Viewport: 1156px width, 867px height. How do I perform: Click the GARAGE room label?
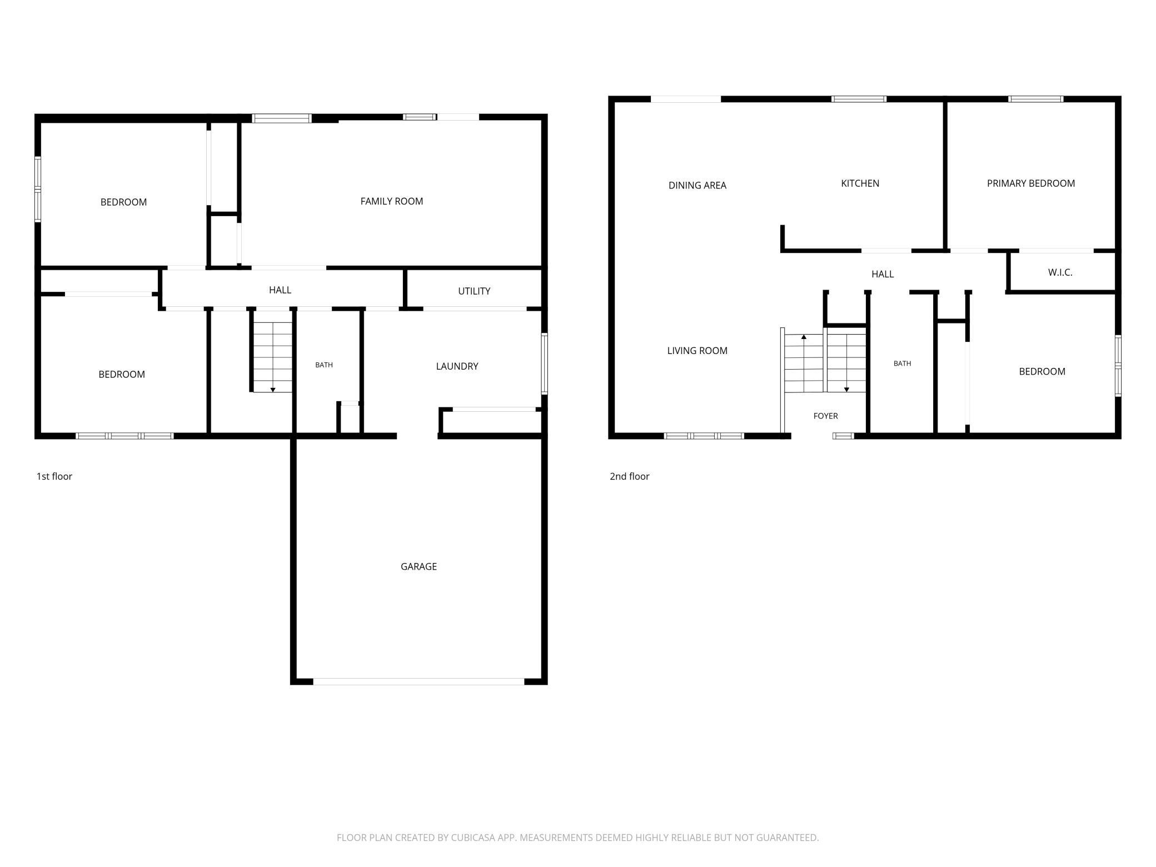click(x=418, y=566)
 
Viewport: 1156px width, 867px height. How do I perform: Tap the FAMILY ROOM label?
click(x=391, y=201)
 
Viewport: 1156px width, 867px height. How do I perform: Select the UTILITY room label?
click(x=474, y=291)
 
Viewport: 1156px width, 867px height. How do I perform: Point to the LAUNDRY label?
click(x=457, y=366)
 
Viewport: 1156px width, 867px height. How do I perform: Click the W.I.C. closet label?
click(x=1060, y=272)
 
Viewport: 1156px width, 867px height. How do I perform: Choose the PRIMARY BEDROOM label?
click(x=1030, y=183)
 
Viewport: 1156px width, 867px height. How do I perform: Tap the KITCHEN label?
click(x=860, y=183)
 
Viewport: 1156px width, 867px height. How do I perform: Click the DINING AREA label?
click(x=697, y=185)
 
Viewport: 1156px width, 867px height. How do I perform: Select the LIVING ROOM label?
click(x=697, y=350)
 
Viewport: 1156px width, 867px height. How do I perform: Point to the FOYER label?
click(x=825, y=416)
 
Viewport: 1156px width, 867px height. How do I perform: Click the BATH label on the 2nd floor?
click(x=902, y=363)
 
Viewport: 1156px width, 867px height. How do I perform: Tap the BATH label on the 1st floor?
click(x=324, y=365)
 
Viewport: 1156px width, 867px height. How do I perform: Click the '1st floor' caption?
click(x=54, y=476)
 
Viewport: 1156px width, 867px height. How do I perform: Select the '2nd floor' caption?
click(x=629, y=476)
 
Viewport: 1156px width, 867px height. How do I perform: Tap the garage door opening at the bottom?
click(x=418, y=681)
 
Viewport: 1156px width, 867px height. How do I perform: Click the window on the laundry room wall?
click(x=545, y=363)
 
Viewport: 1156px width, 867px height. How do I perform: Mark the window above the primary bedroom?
click(x=1036, y=99)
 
